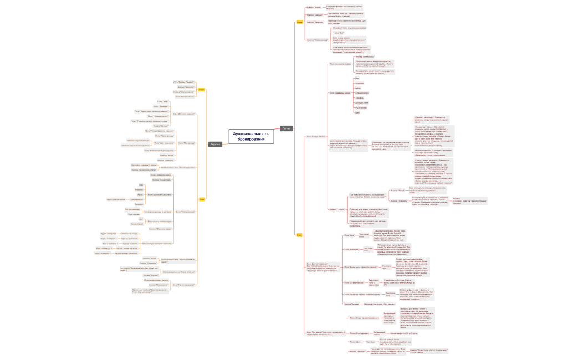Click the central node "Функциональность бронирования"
tap(252, 136)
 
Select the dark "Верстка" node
tap(215, 145)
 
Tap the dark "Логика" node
tap(286, 128)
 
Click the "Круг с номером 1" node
tap(108, 233)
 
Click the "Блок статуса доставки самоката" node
tap(157, 243)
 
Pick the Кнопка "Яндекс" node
tap(314, 8)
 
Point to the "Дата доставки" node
tap(362, 102)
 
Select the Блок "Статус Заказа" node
tap(315, 136)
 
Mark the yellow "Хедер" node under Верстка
tap(202, 89)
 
